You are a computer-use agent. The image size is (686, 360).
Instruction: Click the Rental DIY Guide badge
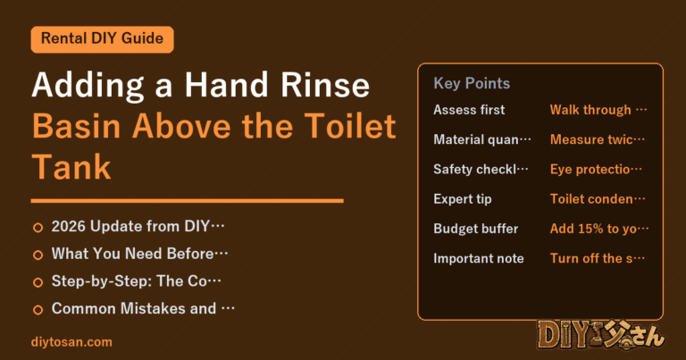pyautogui.click(x=103, y=39)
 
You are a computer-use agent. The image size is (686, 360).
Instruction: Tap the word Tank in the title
pyautogui.click(x=71, y=167)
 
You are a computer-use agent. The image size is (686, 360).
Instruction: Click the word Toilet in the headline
pyautogui.click(x=350, y=126)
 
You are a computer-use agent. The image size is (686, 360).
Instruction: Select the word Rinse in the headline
pyautogui.click(x=325, y=85)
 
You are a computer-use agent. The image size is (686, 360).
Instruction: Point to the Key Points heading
pyautogui.click(x=472, y=83)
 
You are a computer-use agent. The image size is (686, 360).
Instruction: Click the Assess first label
pyautogui.click(x=469, y=110)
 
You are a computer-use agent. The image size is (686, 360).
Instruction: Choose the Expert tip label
pyautogui.click(x=463, y=199)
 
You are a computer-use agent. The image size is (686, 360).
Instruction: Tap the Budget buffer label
pyautogui.click(x=475, y=229)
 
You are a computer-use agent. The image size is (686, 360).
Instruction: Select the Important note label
pyautogui.click(x=479, y=258)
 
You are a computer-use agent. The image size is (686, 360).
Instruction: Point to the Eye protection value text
pyautogui.click(x=596, y=170)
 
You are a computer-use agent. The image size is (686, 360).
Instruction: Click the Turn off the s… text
pyautogui.click(x=598, y=258)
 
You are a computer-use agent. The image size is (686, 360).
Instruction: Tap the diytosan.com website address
pyautogui.click(x=71, y=342)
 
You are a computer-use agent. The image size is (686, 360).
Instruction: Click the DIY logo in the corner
pyautogui.click(x=601, y=336)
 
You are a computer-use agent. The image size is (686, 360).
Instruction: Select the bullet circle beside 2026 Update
pyautogui.click(x=38, y=228)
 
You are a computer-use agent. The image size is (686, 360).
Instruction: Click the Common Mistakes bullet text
pyautogui.click(x=143, y=308)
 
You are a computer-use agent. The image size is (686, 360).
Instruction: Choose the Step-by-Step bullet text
pyautogui.click(x=136, y=280)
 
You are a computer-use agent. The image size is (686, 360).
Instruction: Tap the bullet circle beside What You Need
pyautogui.click(x=38, y=255)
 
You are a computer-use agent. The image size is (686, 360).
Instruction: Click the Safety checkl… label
pyautogui.click(x=481, y=170)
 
